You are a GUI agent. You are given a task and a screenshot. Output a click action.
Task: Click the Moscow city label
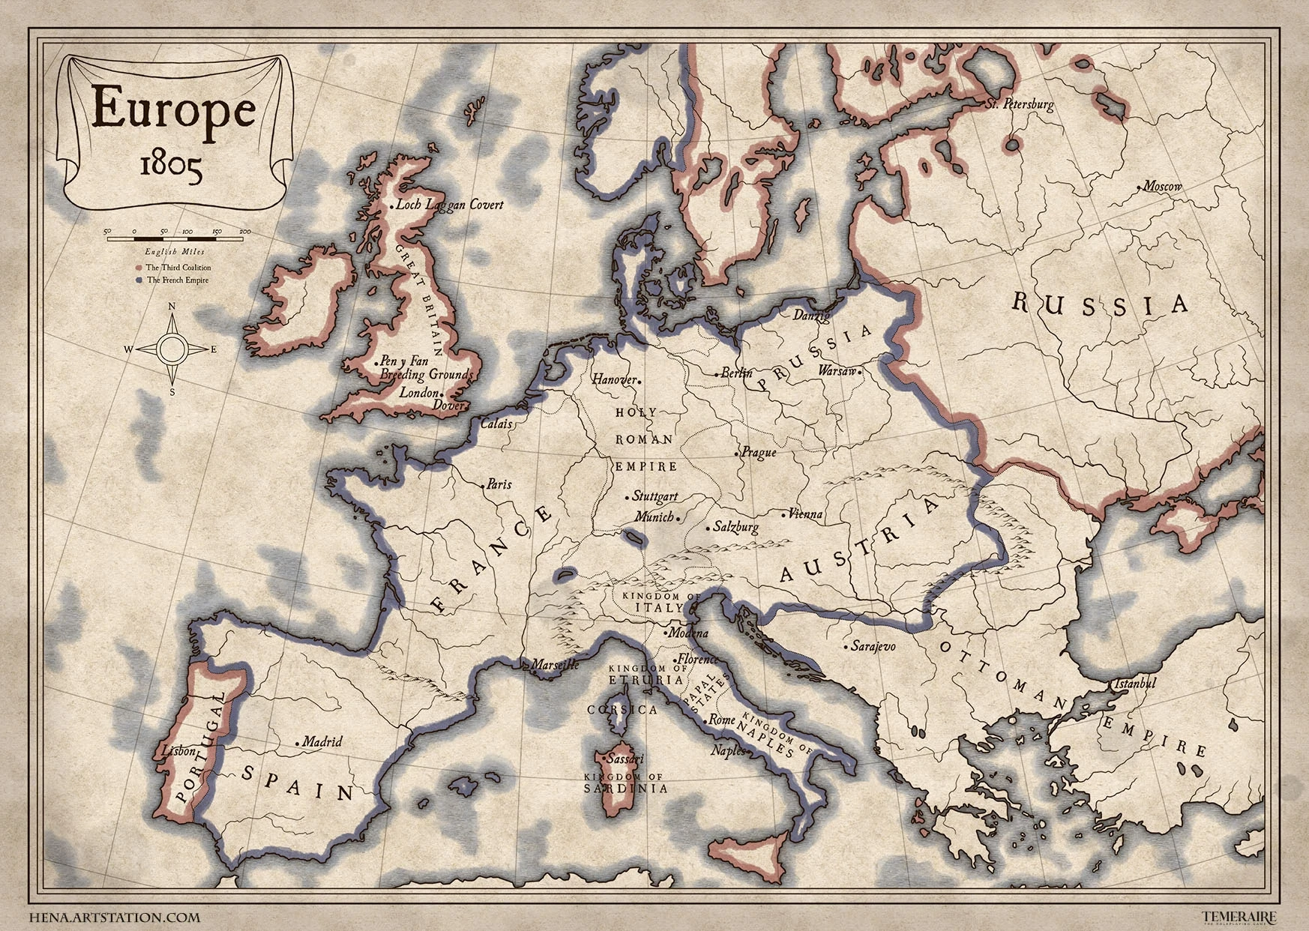click(1163, 187)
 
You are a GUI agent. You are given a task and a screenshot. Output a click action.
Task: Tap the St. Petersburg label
click(1020, 104)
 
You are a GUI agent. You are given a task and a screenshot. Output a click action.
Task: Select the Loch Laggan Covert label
click(450, 205)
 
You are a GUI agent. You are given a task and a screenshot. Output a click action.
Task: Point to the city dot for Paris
click(482, 485)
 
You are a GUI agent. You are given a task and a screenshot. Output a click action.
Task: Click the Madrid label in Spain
click(322, 741)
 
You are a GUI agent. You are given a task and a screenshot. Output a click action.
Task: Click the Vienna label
click(806, 514)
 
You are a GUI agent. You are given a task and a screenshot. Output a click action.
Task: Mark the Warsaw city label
click(837, 371)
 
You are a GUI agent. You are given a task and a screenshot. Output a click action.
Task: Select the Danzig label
click(811, 316)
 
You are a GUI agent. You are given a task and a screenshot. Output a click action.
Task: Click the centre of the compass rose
click(172, 349)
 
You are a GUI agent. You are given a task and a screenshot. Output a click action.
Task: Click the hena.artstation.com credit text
click(115, 916)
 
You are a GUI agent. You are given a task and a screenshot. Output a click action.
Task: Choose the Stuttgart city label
click(654, 496)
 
